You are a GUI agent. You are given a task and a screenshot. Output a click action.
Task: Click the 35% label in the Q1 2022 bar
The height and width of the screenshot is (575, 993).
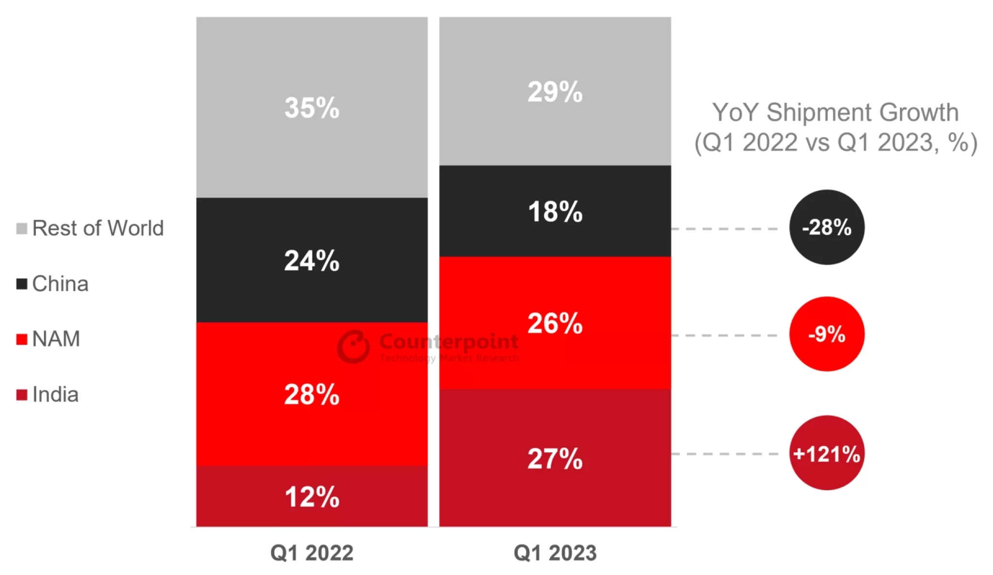312,108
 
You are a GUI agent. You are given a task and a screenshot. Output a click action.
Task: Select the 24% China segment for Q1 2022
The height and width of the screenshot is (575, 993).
312,261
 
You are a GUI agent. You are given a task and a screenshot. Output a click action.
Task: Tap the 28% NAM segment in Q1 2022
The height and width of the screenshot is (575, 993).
312,394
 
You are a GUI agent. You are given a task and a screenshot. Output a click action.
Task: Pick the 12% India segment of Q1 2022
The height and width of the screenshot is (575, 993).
312,497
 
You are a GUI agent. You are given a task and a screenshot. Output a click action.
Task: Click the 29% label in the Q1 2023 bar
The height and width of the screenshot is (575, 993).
555,92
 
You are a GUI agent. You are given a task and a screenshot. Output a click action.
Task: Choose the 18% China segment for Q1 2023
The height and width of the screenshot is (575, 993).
555,212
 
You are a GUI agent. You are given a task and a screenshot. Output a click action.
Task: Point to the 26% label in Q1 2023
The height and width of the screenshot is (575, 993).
555,323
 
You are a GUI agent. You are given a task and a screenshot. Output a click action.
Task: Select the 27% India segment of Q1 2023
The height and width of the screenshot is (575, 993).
555,459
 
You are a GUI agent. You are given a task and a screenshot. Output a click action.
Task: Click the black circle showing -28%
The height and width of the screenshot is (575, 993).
827,227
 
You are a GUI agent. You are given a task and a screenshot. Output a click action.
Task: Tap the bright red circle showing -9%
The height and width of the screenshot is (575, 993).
827,334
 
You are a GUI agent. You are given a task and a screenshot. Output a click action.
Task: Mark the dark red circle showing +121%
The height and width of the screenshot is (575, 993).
827,453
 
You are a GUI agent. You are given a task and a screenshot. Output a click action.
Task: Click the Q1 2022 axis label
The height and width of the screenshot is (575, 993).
312,553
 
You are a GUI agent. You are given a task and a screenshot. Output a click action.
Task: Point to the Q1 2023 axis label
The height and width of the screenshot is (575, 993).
555,553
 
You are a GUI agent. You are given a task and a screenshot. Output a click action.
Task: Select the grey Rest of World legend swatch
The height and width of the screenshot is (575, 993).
22,228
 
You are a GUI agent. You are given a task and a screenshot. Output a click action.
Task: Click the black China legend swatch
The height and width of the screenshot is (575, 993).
22,284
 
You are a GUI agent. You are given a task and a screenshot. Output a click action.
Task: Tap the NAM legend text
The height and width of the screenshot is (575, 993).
56,339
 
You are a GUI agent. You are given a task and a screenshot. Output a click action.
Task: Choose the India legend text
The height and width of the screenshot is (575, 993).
55,395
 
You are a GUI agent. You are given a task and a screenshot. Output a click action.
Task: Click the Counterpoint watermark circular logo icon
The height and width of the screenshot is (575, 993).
353,346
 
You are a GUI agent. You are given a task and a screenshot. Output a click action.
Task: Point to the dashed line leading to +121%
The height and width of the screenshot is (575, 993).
725,454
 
